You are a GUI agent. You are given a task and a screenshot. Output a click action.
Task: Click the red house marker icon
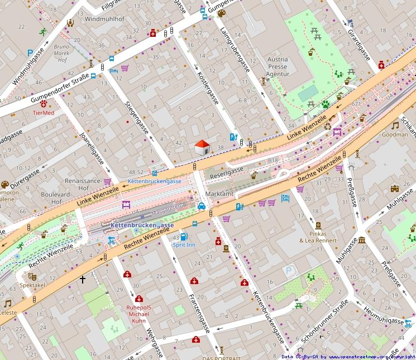click(x=202, y=148)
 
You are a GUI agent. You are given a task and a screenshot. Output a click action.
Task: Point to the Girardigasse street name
click(x=359, y=42)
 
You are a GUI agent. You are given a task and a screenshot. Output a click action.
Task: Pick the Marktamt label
click(x=219, y=194)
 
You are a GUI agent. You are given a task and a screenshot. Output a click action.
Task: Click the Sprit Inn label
click(x=184, y=245)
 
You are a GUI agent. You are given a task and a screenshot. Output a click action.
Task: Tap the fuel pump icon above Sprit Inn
click(x=184, y=236)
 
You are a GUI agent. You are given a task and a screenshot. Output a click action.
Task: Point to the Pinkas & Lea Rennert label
click(x=318, y=237)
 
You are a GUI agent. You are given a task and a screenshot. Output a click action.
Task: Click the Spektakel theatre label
click(x=32, y=285)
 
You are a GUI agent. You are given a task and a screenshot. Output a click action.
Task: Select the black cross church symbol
click(x=83, y=279)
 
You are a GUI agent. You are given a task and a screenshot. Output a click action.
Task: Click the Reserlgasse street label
click(x=227, y=173)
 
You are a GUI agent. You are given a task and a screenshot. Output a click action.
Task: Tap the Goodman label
click(x=395, y=135)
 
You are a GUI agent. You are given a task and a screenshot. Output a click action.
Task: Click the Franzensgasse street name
click(x=199, y=313)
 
